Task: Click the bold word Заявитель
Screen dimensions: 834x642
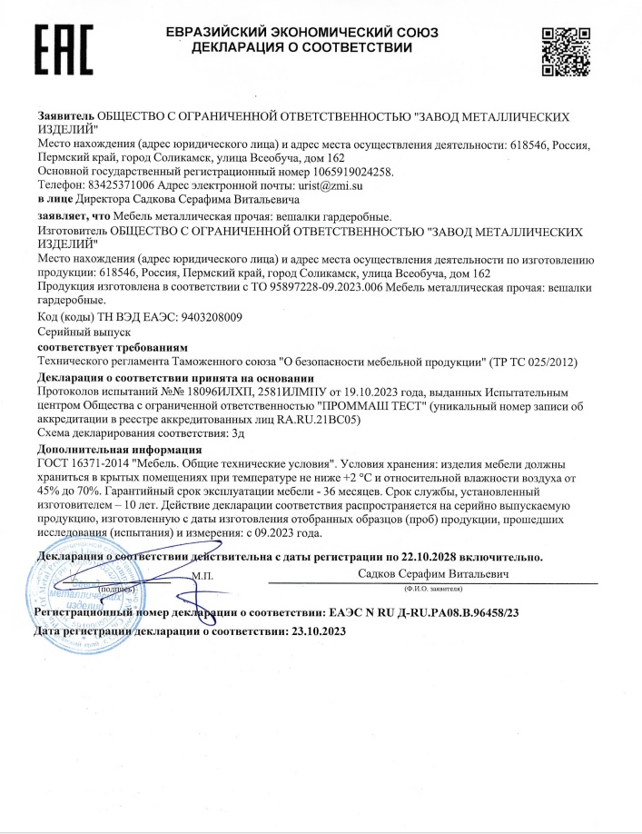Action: (x=66, y=117)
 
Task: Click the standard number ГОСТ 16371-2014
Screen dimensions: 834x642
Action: (x=80, y=464)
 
